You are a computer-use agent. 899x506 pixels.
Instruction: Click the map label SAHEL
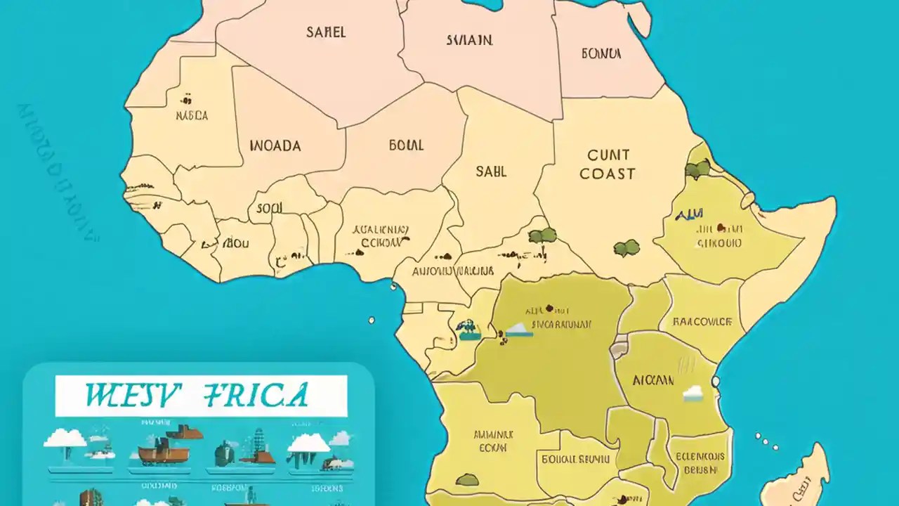[325, 32]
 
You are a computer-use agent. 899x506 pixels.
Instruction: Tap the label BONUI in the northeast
[601, 53]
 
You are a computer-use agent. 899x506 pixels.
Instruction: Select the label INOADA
[275, 146]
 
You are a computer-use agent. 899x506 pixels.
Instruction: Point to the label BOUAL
[406, 145]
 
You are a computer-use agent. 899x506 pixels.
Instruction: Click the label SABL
[491, 171]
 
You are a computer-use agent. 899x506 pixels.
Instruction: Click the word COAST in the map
[607, 174]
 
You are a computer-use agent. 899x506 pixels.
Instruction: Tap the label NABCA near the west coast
[192, 116]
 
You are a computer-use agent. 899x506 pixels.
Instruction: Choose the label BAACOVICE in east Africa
[702, 322]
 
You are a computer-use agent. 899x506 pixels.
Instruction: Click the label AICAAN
[652, 380]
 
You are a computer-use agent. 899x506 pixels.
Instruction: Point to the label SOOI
[269, 208]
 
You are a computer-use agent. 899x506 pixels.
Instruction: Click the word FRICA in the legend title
[254, 395]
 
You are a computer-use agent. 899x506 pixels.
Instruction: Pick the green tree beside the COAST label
[697, 168]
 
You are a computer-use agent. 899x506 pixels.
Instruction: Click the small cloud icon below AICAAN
[693, 394]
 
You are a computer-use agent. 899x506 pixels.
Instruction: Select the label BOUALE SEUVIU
[576, 460]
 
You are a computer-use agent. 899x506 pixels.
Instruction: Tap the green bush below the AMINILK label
[466, 480]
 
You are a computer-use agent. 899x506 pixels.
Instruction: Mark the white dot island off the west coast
[372, 320]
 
